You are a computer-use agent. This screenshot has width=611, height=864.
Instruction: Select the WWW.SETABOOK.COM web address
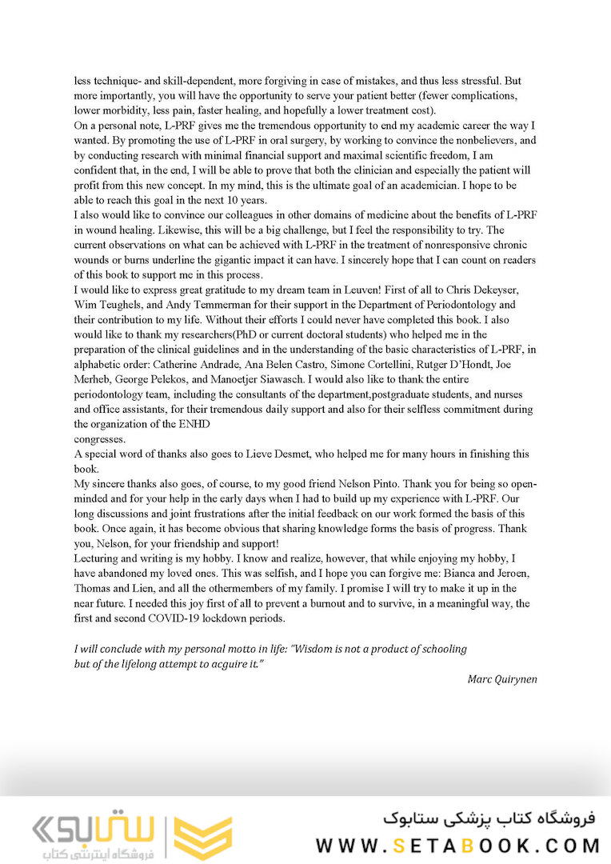(457, 846)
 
